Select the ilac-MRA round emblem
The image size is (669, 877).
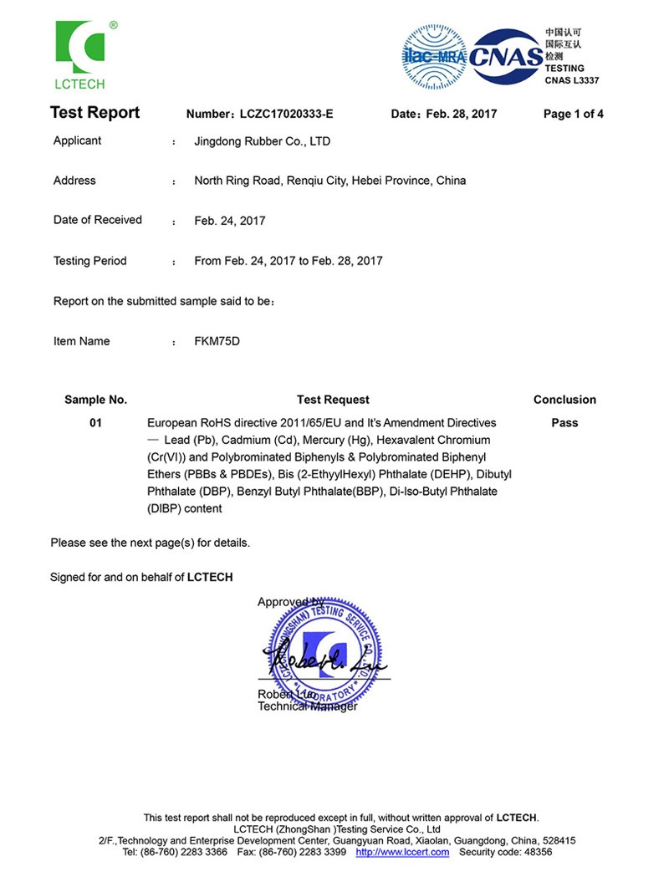coord(434,56)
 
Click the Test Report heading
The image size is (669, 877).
coord(94,113)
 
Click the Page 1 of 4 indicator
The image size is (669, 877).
coord(573,114)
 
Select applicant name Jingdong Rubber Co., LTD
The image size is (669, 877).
coord(262,141)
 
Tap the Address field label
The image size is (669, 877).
coord(74,181)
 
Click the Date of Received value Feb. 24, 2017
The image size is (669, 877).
coord(229,221)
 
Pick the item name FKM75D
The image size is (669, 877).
coord(217,341)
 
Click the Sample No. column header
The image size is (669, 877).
coord(95,400)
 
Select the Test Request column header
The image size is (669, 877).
coord(333,400)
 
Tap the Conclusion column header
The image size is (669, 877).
coord(564,400)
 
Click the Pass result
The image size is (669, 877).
coord(564,423)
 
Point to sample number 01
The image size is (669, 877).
coord(95,423)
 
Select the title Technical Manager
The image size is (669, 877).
coord(307,706)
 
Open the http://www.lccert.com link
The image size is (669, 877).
coord(402,852)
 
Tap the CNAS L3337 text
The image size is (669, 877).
coord(572,80)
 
